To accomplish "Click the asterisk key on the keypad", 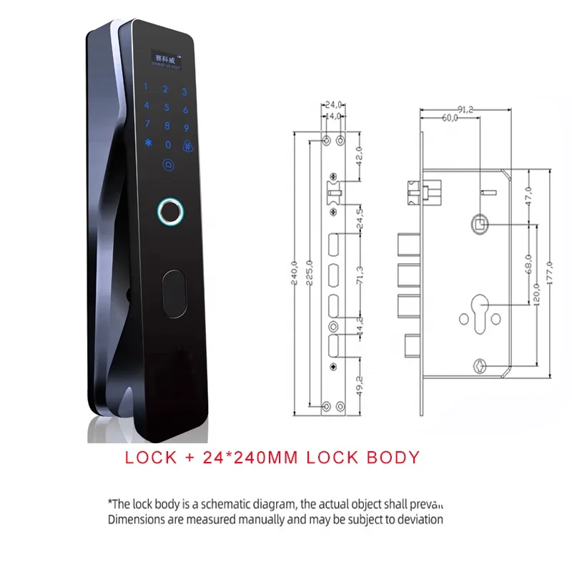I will tap(149, 142).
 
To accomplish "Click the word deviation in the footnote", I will tap(418, 520).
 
